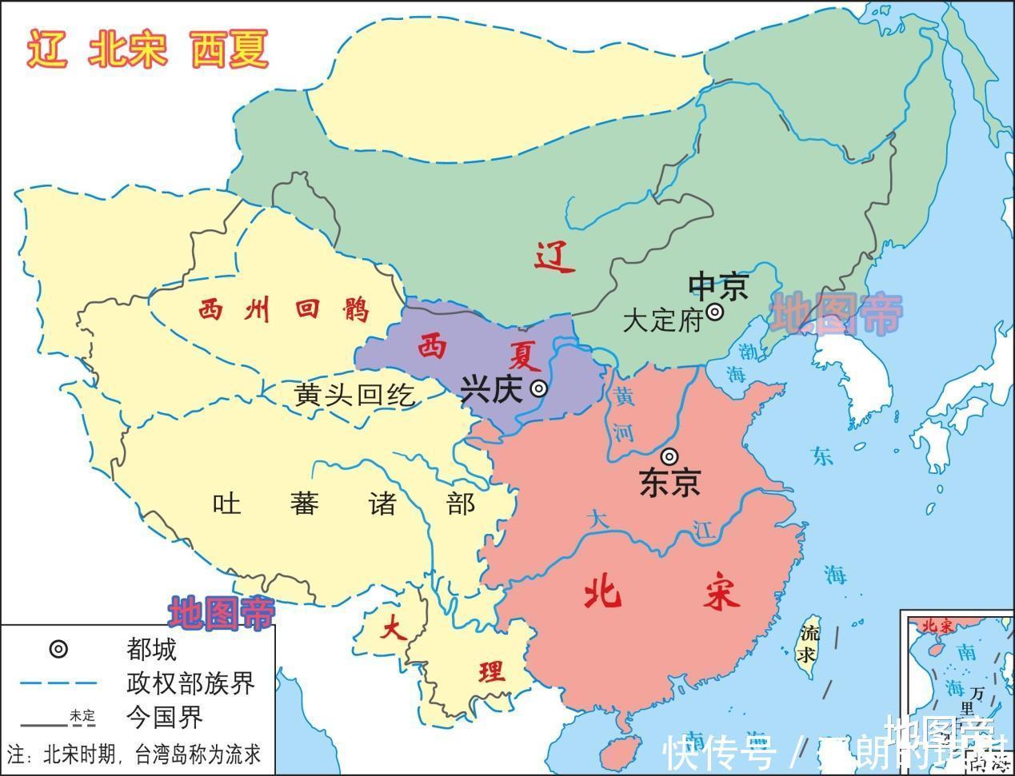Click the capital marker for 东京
(x=669, y=456)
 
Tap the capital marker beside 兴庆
(x=540, y=388)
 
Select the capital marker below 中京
(x=714, y=312)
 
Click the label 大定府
(x=661, y=320)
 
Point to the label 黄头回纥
(x=354, y=394)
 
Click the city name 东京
(x=669, y=482)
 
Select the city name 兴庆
(x=491, y=389)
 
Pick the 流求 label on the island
(x=810, y=644)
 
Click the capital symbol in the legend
(x=58, y=649)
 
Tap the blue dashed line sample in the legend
(x=58, y=683)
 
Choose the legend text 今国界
(x=164, y=717)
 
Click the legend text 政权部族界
(x=190, y=683)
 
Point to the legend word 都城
(x=150, y=649)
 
